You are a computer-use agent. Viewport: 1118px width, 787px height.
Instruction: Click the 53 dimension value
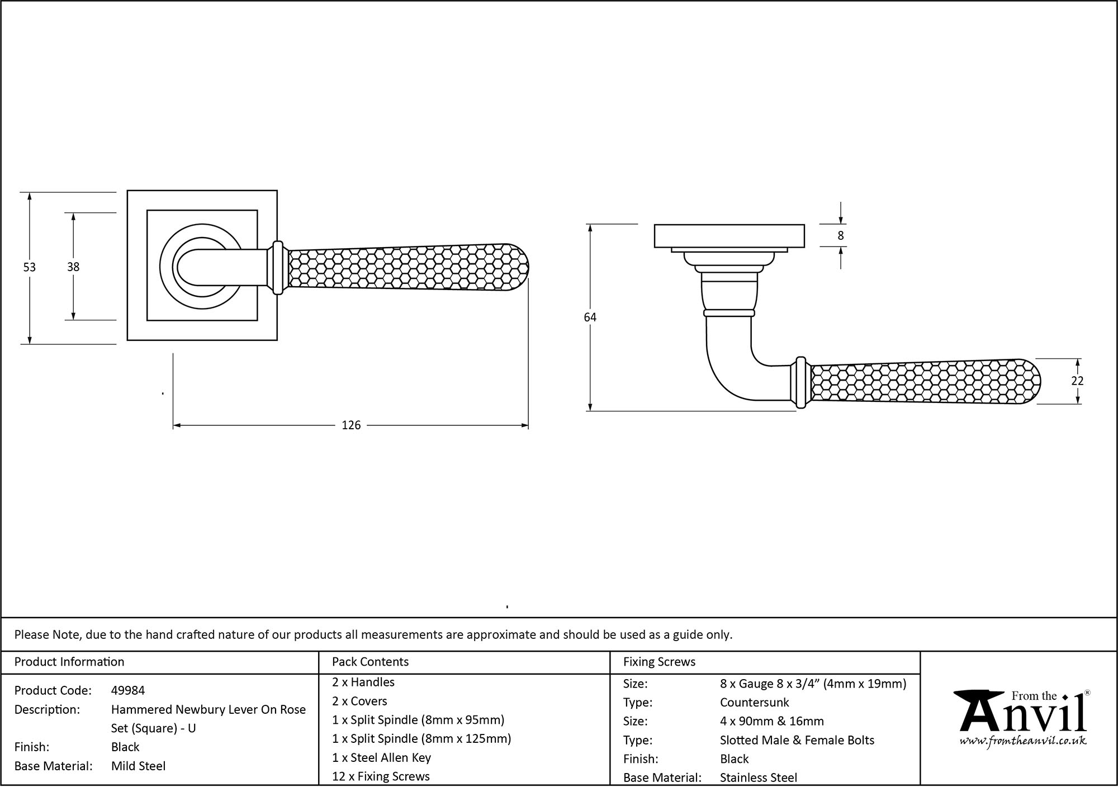pos(29,267)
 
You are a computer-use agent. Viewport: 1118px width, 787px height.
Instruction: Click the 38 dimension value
pos(73,267)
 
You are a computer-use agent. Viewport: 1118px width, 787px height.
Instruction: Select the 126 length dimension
pos(351,425)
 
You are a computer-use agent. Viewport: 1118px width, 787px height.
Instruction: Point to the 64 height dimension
pos(590,317)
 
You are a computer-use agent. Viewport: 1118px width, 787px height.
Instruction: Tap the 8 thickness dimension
pos(841,236)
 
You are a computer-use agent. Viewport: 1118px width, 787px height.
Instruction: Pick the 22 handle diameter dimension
pos(1077,381)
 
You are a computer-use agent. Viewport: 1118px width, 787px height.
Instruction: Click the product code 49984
pos(128,690)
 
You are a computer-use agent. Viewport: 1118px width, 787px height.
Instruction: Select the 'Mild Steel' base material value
pos(138,766)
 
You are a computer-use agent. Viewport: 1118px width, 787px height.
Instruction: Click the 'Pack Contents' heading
pos(370,662)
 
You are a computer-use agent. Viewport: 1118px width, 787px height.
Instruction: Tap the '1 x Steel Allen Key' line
pos(381,757)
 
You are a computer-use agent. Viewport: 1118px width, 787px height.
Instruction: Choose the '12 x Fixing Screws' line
pos(381,776)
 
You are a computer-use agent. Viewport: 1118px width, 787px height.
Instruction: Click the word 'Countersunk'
pos(754,702)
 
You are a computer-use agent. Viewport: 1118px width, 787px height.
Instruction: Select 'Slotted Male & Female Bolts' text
pos(797,740)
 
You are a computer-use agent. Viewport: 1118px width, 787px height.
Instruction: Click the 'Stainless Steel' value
pos(759,777)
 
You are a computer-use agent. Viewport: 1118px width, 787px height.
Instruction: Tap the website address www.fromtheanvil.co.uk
pos(1023,741)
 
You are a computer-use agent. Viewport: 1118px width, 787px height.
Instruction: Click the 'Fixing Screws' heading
pos(659,662)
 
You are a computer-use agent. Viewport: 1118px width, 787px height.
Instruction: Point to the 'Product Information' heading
pos(69,662)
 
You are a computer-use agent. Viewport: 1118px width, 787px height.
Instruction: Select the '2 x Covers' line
pos(359,701)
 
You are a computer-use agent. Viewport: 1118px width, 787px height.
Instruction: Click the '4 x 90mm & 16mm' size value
pos(771,721)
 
